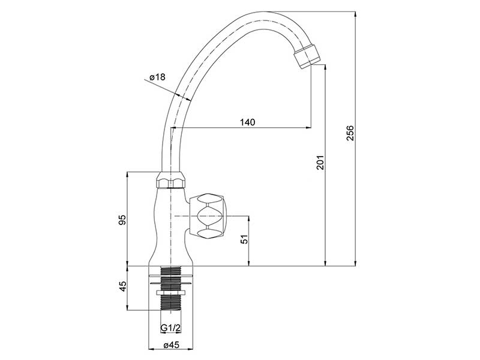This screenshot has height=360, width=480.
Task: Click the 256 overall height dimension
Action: pyautogui.click(x=350, y=133)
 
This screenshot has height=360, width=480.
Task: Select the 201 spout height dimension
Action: pyautogui.click(x=320, y=162)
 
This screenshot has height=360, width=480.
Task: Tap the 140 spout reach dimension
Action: pyautogui.click(x=247, y=122)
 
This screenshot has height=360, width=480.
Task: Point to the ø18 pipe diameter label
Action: pyautogui.click(x=157, y=77)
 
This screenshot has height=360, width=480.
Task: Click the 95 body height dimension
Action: pyautogui.click(x=122, y=220)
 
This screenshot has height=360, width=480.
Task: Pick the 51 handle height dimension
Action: pyautogui.click(x=244, y=239)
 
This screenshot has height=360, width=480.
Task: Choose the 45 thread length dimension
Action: pyautogui.click(x=122, y=287)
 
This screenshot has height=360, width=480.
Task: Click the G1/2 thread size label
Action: pyautogui.click(x=171, y=328)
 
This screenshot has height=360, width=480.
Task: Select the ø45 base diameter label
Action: pyautogui.click(x=171, y=345)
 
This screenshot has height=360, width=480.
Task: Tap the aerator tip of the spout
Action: pyautogui.click(x=307, y=56)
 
